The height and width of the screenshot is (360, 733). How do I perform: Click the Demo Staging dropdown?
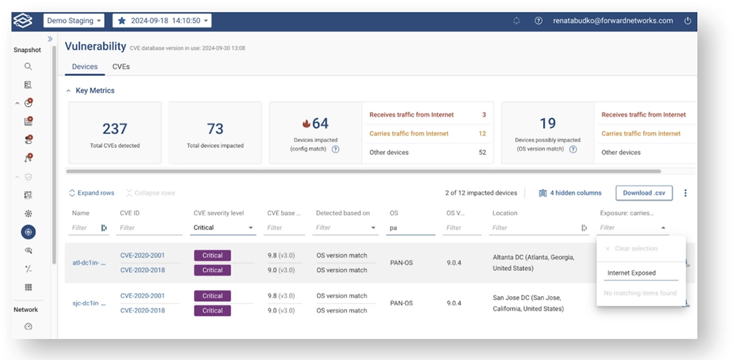click(74, 21)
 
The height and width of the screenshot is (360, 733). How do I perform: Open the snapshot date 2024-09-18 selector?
click(162, 21)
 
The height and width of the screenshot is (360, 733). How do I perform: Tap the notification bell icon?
click(516, 21)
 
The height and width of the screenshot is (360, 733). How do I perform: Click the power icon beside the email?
click(688, 21)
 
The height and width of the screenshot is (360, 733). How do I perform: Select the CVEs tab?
click(121, 67)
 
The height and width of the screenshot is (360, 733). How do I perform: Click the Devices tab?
click(85, 67)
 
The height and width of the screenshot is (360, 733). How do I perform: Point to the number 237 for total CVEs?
click(115, 129)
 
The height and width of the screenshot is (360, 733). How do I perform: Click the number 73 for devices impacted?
click(215, 129)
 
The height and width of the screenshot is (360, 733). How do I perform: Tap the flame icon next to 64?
click(307, 124)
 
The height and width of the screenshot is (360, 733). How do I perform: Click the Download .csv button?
click(644, 193)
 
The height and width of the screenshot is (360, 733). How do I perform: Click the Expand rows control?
click(91, 193)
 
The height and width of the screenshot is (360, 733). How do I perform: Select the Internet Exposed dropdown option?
click(632, 273)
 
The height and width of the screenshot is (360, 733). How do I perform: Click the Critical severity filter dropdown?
click(224, 228)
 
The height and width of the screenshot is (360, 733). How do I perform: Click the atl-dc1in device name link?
click(89, 263)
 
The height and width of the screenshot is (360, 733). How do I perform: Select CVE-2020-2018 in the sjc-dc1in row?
click(143, 310)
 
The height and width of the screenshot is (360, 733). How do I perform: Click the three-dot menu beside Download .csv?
click(685, 193)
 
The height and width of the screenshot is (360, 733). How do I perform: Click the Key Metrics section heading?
click(95, 91)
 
